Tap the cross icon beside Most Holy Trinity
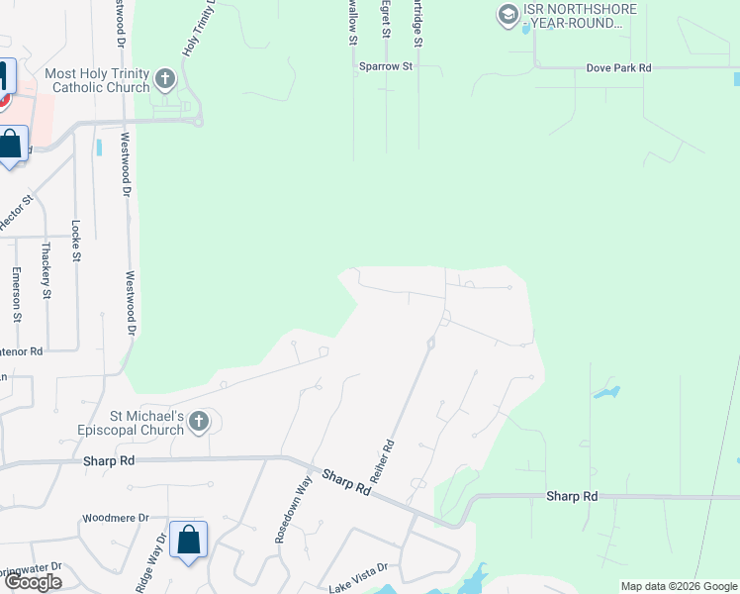(165, 78)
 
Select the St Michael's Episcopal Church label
(118, 424)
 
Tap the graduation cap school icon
(508, 14)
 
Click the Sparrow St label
(387, 66)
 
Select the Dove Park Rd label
(618, 68)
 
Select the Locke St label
(75, 241)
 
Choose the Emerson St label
(16, 294)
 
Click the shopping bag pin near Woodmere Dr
(188, 542)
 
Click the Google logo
(33, 582)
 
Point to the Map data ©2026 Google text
(679, 586)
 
